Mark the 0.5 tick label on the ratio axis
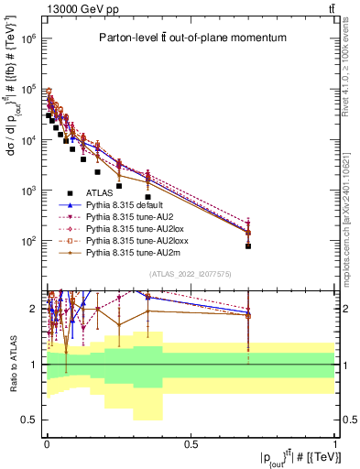pyautogui.click(x=29, y=420)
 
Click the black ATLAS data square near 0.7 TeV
pyautogui.click(x=248, y=245)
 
